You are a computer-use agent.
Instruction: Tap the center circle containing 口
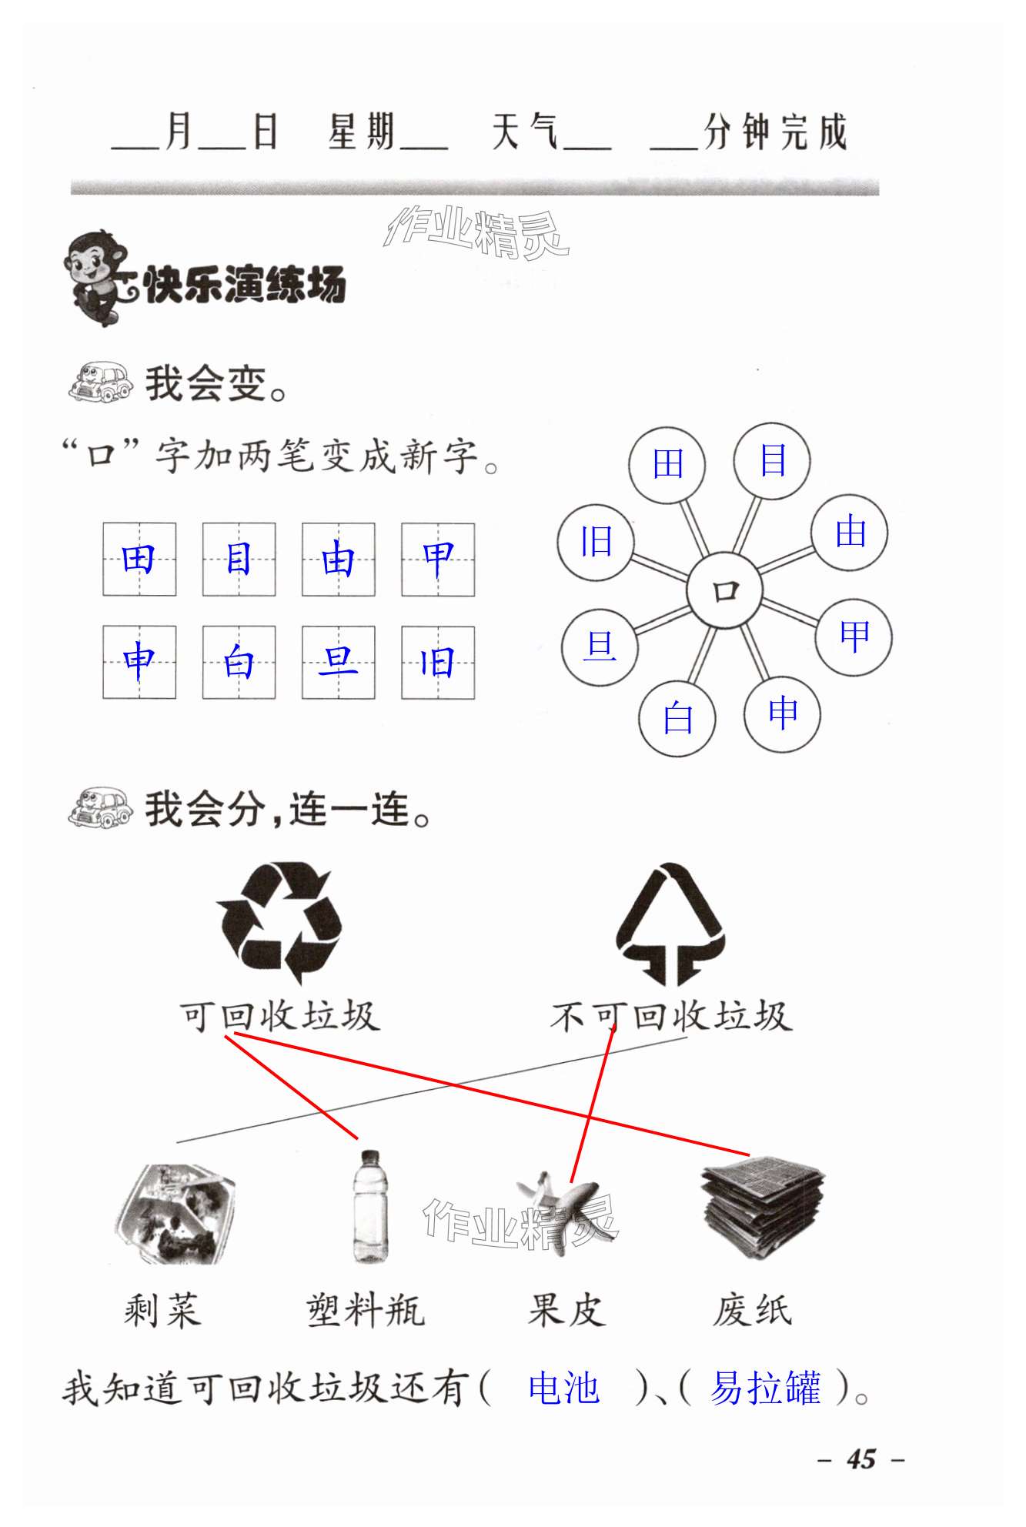point(724,591)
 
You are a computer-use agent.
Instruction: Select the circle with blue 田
point(667,464)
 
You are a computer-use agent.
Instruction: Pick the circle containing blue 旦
point(600,646)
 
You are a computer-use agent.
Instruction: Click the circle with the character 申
point(782,713)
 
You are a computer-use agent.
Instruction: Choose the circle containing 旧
point(596,542)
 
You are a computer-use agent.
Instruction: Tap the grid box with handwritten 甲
point(438,560)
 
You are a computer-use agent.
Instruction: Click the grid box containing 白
point(239,662)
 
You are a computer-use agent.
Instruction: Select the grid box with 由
point(338,560)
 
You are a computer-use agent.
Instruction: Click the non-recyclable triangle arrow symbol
point(670,924)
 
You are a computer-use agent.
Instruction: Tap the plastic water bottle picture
point(369,1206)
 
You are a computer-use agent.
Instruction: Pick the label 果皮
point(566,1310)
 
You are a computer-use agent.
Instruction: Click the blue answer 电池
point(563,1389)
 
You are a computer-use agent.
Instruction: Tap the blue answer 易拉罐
point(765,1389)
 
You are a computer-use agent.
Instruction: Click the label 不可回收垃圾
point(670,1017)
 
